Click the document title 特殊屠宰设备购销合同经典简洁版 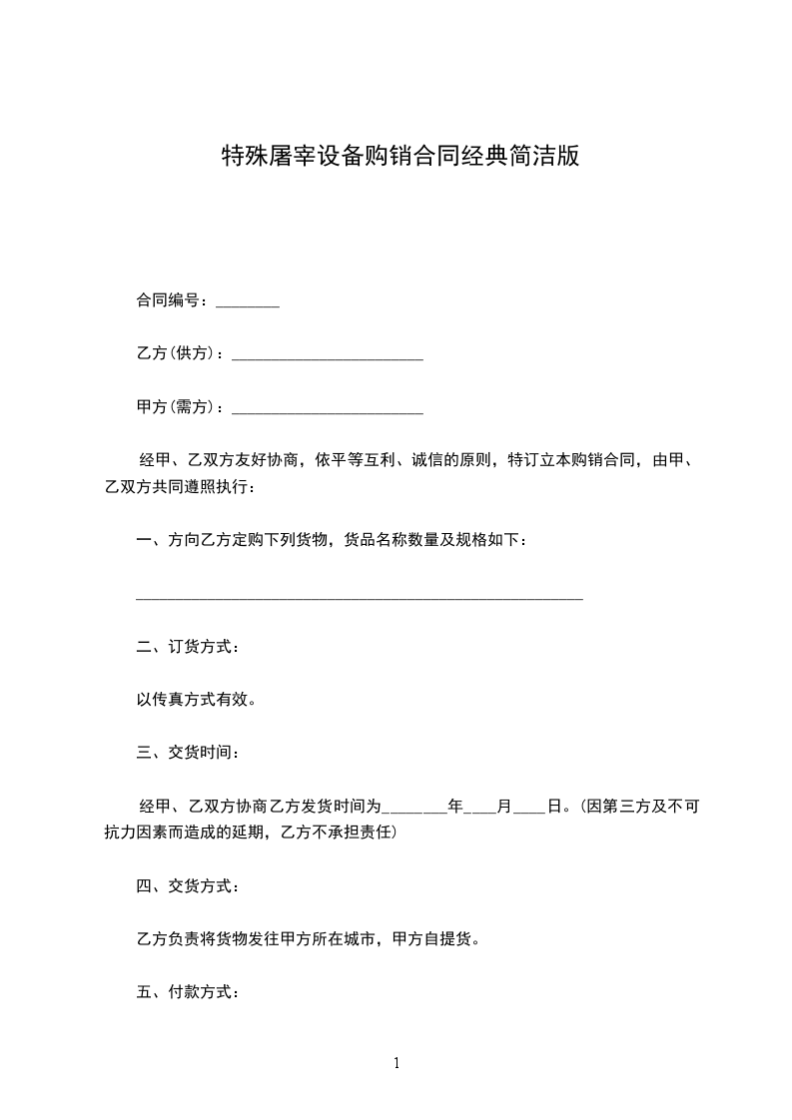pyautogui.click(x=399, y=157)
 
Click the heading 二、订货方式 pyautogui.click(x=187, y=647)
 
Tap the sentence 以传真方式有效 pyautogui.click(x=196, y=700)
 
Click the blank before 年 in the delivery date pyautogui.click(x=415, y=807)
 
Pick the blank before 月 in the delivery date pyautogui.click(x=481, y=807)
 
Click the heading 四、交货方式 pyautogui.click(x=187, y=885)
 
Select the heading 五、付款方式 pyautogui.click(x=187, y=992)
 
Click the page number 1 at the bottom pyautogui.click(x=396, y=1064)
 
